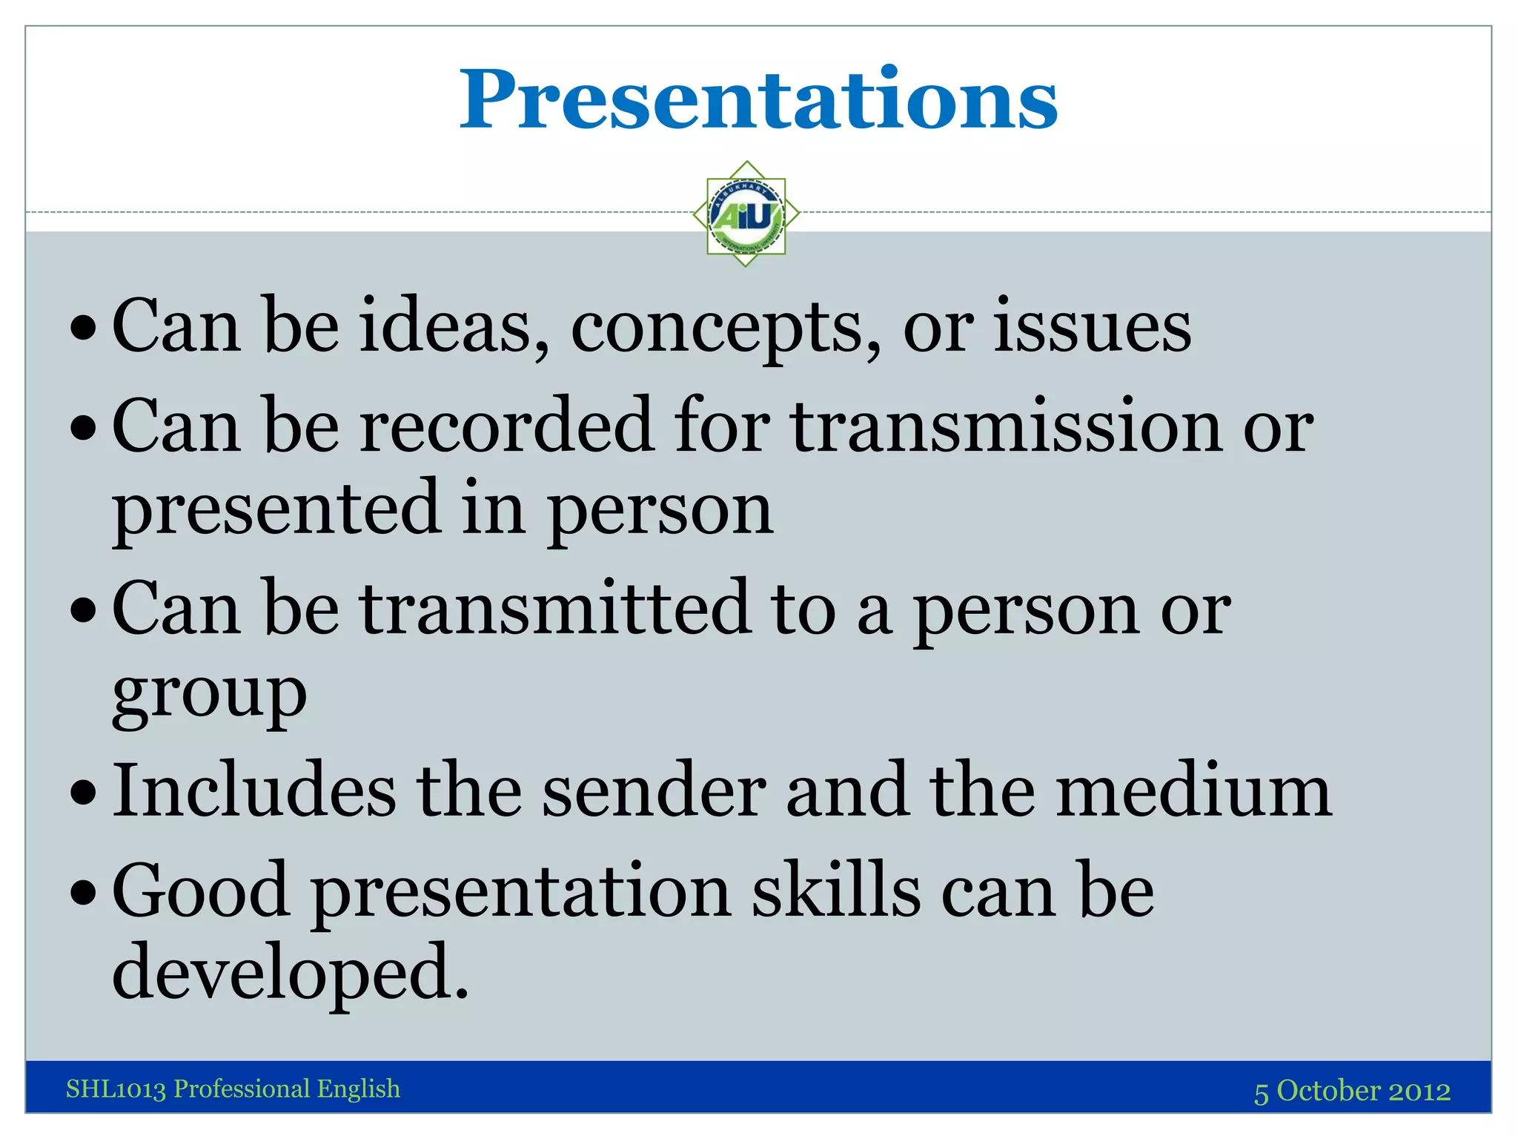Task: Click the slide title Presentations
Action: click(758, 100)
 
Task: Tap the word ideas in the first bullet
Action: click(454, 326)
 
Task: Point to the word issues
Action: click(1092, 326)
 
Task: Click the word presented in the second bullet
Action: click(277, 510)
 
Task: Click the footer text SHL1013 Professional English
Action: click(233, 1089)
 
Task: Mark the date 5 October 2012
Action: click(1351, 1091)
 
